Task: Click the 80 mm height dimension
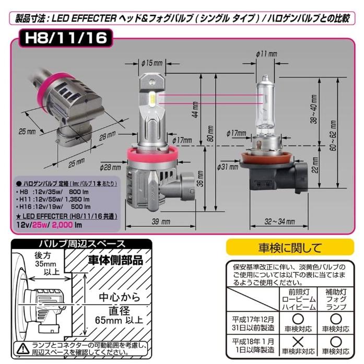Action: pos(210,135)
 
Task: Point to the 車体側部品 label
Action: pos(114,261)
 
